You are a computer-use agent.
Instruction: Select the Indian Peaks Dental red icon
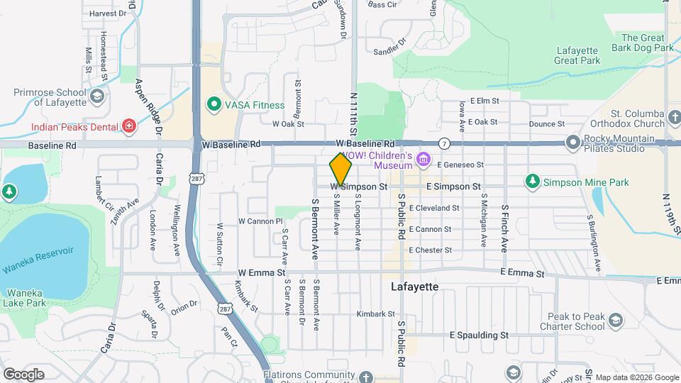click(x=129, y=127)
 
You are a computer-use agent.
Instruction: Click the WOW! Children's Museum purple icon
click(x=424, y=159)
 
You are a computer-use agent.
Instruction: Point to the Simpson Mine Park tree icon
click(x=532, y=182)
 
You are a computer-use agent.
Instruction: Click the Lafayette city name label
click(x=415, y=287)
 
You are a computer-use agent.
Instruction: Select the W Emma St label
click(x=261, y=272)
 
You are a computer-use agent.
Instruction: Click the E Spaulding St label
click(x=480, y=335)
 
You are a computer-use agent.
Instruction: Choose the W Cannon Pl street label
click(x=260, y=221)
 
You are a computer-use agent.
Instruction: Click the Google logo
click(x=23, y=374)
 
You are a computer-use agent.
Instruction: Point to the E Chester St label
click(x=430, y=250)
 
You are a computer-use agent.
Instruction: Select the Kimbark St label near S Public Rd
click(x=375, y=313)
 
